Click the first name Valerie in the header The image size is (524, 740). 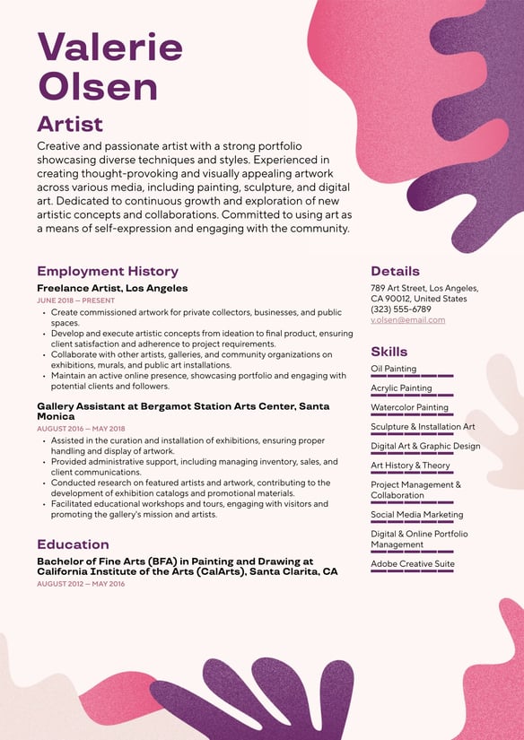109,47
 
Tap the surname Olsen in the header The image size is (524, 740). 98,87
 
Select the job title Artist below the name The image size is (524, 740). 70,124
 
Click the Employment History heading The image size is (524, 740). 108,271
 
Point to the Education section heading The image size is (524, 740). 73,544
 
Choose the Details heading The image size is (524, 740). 395,271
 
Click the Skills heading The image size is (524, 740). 389,352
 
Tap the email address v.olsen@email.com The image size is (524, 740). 407,320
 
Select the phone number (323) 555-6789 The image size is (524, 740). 400,309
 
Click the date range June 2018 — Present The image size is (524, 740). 76,300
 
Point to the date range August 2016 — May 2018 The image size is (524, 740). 81,429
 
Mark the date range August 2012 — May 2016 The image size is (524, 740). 81,584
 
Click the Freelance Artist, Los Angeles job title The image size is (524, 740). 112,288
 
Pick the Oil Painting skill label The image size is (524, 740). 393,369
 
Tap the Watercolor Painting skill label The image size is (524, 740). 409,407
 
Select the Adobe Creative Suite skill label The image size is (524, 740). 412,564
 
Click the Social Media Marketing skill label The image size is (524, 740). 416,515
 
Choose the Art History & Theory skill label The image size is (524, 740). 410,466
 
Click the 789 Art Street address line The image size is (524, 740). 424,288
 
